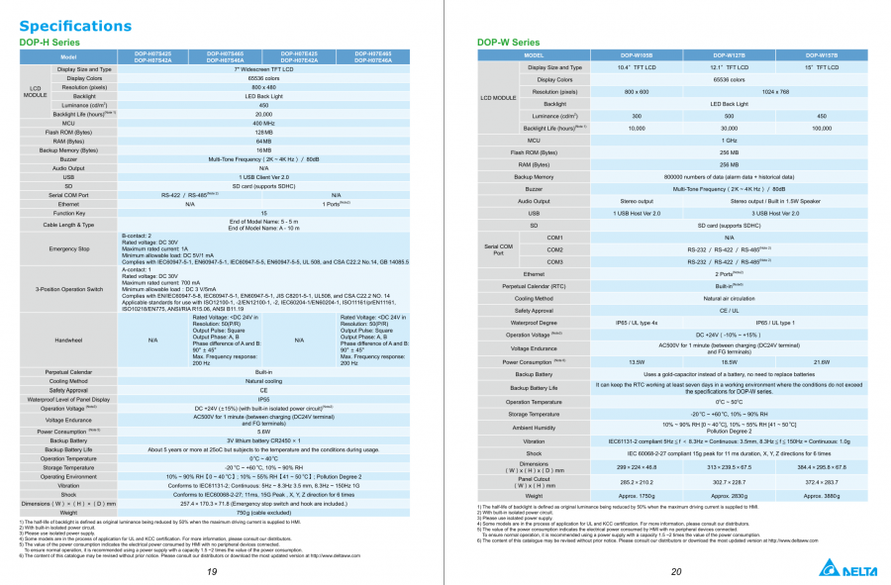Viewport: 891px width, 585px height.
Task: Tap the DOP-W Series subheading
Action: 509,43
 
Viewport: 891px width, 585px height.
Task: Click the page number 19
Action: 212,572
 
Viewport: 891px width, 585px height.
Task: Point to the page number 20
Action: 676,572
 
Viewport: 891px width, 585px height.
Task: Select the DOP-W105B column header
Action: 637,55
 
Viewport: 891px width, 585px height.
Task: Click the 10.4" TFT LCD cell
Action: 637,67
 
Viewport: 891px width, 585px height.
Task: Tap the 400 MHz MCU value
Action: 263,123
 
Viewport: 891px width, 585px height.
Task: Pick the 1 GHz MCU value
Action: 729,141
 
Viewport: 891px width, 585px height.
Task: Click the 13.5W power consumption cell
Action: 637,362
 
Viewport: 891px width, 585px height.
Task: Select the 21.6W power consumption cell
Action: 822,362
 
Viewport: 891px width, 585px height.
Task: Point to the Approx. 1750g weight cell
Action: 637,495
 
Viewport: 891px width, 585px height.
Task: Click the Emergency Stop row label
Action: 69,248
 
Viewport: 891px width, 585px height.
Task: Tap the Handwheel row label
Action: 69,340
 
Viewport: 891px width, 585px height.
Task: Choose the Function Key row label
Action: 69,213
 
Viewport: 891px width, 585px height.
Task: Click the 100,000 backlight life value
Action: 822,128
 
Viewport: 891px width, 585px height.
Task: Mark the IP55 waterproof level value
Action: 263,399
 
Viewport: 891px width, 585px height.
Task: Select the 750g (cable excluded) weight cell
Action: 263,513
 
